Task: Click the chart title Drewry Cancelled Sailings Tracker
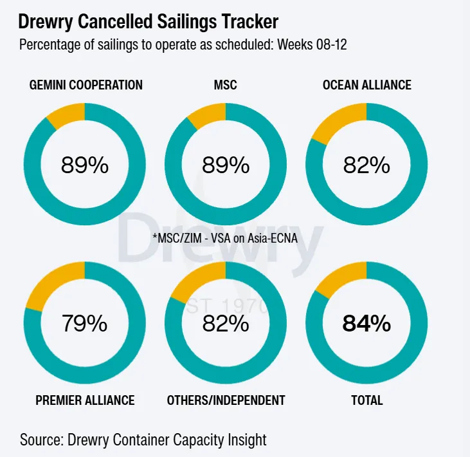(148, 22)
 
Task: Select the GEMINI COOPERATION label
(86, 85)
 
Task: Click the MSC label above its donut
(225, 85)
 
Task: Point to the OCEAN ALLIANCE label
(366, 85)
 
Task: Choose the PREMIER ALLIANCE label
(85, 400)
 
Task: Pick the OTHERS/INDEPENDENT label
(226, 400)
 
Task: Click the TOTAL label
(366, 400)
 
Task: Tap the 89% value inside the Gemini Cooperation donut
(85, 165)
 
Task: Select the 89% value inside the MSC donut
(226, 165)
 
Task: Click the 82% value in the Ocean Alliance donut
(366, 165)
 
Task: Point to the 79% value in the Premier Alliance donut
(85, 323)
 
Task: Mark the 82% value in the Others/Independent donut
(226, 323)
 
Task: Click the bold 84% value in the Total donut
(366, 323)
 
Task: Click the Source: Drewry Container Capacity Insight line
(143, 440)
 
